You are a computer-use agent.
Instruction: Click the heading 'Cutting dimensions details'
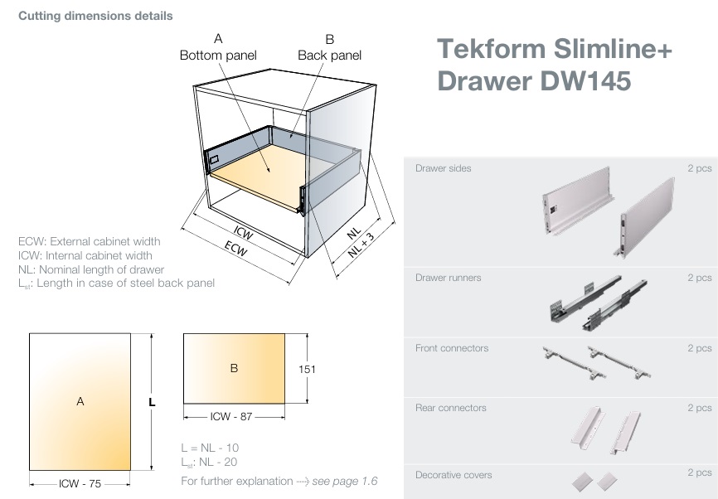click(95, 16)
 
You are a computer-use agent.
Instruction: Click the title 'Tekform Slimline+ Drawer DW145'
click(554, 65)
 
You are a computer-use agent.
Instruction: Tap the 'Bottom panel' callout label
click(218, 55)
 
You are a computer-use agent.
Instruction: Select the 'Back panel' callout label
click(329, 55)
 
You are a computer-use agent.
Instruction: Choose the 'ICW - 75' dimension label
click(80, 483)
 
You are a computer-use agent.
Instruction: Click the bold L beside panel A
click(152, 402)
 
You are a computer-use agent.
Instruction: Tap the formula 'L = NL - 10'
click(210, 448)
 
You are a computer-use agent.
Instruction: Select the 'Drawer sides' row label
click(443, 168)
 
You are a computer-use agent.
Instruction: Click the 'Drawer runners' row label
click(448, 278)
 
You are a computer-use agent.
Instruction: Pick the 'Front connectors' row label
click(452, 348)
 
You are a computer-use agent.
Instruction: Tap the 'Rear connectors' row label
click(450, 408)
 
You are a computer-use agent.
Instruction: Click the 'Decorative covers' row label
click(454, 475)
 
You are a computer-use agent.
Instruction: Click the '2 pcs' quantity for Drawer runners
click(699, 278)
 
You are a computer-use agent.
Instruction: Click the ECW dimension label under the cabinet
click(237, 249)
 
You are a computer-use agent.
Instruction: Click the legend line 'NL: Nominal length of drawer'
click(91, 269)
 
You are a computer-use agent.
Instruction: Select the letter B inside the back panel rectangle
click(234, 368)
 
